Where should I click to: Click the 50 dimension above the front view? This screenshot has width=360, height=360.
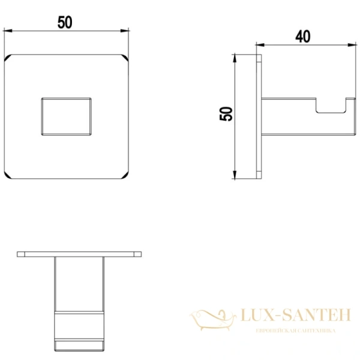(65, 22)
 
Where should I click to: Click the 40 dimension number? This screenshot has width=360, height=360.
(303, 37)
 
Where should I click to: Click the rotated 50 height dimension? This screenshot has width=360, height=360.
(226, 113)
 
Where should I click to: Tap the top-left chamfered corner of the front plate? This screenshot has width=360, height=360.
(8, 58)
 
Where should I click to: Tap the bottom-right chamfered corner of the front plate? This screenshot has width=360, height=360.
(125, 175)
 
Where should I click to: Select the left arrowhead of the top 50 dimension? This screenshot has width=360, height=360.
(8, 31)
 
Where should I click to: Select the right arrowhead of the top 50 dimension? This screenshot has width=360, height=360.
(125, 31)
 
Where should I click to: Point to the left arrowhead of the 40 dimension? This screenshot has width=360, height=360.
(260, 45)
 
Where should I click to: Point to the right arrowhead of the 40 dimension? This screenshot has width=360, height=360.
(352, 45)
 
